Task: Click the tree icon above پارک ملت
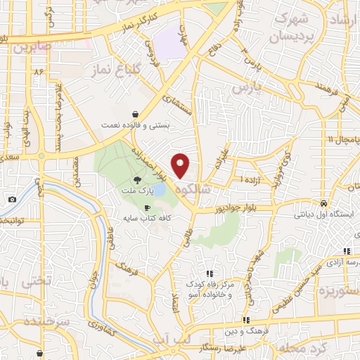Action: click(146, 180)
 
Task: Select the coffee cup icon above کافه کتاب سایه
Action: click(147, 208)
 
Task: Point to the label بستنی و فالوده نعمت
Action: click(135, 125)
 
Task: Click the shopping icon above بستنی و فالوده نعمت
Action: click(135, 113)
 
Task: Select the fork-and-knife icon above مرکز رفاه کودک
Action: click(209, 274)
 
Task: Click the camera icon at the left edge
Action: click(12, 200)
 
